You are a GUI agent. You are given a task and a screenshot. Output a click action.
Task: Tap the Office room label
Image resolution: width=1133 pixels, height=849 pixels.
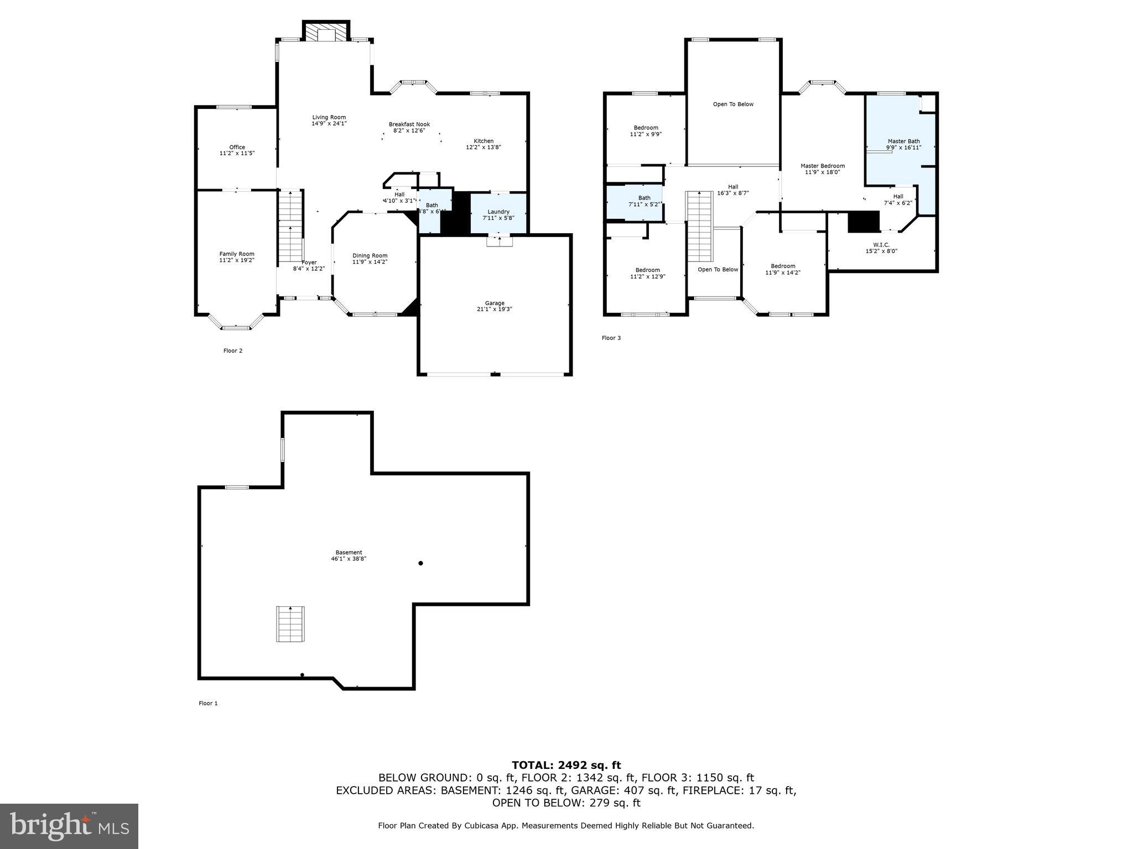pyautogui.click(x=237, y=147)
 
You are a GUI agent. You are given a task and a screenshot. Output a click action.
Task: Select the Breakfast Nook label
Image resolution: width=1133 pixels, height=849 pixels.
pyautogui.click(x=409, y=124)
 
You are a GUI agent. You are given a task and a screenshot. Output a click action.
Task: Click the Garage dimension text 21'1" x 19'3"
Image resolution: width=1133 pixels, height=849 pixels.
pyautogui.click(x=495, y=310)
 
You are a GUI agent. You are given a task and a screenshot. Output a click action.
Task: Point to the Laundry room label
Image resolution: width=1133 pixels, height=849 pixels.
pyautogui.click(x=498, y=212)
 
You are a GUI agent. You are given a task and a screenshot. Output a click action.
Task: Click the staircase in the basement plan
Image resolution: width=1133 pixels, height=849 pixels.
pyautogui.click(x=290, y=623)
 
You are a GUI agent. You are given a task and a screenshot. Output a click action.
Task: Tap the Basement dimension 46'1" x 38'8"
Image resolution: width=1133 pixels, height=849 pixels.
pyautogui.click(x=349, y=559)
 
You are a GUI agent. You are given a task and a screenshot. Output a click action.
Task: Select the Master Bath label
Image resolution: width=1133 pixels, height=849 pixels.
pyautogui.click(x=903, y=141)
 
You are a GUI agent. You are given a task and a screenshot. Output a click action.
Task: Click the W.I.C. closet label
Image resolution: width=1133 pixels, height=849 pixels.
pyautogui.click(x=881, y=244)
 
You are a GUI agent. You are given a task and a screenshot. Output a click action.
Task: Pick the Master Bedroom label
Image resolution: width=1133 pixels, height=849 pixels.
pyautogui.click(x=822, y=166)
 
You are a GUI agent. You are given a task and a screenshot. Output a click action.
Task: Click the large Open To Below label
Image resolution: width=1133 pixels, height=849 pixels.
pyautogui.click(x=733, y=104)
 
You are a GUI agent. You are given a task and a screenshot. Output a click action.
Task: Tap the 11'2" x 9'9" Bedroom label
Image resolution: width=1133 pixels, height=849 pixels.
pyautogui.click(x=646, y=128)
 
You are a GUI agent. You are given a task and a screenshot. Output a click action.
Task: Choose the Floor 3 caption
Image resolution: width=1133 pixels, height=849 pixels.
pyautogui.click(x=611, y=338)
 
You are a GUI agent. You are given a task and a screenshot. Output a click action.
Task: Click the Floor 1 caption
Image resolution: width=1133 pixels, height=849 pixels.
pyautogui.click(x=208, y=703)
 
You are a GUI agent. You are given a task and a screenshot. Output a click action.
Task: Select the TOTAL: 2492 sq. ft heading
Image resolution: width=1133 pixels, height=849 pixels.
pyautogui.click(x=566, y=765)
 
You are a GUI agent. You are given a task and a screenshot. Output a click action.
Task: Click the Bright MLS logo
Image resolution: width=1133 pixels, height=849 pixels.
pyautogui.click(x=69, y=826)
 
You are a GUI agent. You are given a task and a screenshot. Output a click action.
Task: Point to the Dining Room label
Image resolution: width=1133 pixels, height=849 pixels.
pyautogui.click(x=370, y=255)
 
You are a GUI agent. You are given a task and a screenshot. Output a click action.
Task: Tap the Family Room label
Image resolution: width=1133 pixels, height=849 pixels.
pyautogui.click(x=237, y=254)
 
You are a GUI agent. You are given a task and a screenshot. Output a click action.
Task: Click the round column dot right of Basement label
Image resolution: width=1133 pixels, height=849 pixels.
pyautogui.click(x=420, y=563)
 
